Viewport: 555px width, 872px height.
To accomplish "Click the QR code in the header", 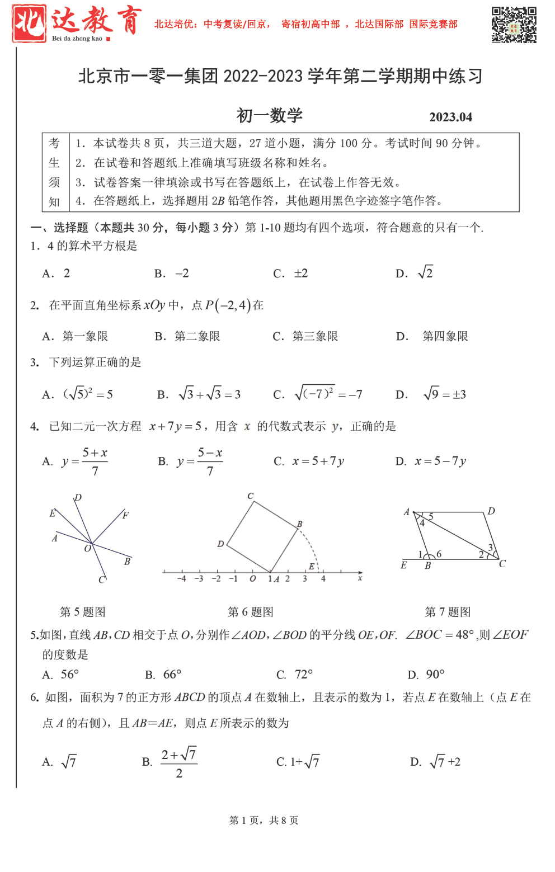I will click(514, 25).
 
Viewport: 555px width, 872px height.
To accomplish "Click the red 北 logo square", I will click(29, 23).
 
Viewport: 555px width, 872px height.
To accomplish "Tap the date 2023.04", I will click(450, 117).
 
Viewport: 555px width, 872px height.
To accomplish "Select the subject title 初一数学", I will click(269, 116).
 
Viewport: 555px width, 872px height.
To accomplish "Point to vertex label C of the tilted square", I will click(250, 496).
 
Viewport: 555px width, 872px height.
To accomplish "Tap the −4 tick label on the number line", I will click(181, 579).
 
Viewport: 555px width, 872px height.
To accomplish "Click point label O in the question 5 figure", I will click(87, 549).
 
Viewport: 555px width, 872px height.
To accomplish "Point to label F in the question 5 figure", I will click(125, 515).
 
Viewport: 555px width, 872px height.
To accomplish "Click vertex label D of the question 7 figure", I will click(491, 511).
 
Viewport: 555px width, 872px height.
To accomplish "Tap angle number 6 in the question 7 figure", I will click(439, 554).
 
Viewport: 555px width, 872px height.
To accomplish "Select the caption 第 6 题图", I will click(250, 612).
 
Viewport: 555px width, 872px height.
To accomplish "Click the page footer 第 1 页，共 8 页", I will click(264, 820).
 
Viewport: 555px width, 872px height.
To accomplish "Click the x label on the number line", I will click(360, 578).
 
